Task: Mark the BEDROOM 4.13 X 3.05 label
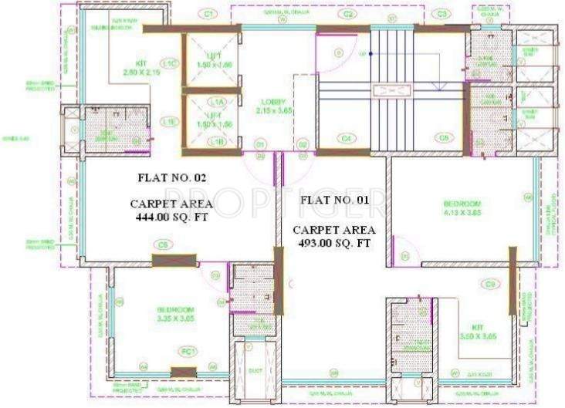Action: click(x=462, y=207)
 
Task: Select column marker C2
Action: click(x=348, y=14)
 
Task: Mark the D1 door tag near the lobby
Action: click(x=261, y=144)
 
